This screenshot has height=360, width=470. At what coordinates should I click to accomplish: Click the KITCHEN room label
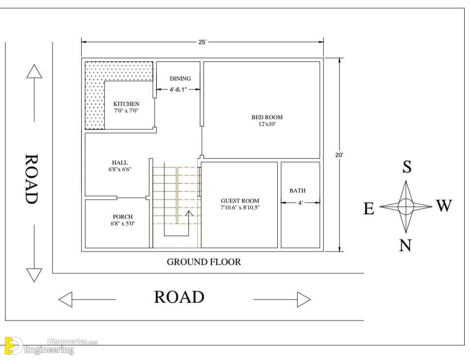coord(126,104)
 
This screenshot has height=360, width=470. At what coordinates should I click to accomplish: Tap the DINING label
coord(180,79)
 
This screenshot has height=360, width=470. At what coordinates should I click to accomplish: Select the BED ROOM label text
coord(267,117)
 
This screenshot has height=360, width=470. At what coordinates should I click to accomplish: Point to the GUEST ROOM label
coord(240,201)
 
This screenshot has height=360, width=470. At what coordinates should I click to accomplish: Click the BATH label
coord(298,191)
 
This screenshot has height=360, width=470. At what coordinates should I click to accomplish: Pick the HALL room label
coord(120,163)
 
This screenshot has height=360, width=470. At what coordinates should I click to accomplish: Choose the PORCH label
coord(123,216)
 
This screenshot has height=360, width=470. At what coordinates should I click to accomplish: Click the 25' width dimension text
coord(202,42)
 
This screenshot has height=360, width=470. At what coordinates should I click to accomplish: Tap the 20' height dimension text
coord(339,155)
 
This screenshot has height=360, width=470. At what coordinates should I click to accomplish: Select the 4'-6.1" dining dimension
coord(178,89)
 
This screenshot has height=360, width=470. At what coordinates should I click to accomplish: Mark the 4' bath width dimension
coord(300,203)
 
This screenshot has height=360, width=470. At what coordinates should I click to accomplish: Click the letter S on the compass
coord(407,167)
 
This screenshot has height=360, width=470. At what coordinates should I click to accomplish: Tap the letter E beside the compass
coord(369,208)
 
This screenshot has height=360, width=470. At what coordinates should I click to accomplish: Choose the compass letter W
coord(444,206)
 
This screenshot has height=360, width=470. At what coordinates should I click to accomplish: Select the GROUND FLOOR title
coord(204,262)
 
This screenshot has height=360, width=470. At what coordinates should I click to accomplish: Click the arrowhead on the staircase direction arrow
coord(189,213)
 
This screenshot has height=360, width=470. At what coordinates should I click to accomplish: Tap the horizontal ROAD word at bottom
coord(179,297)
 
